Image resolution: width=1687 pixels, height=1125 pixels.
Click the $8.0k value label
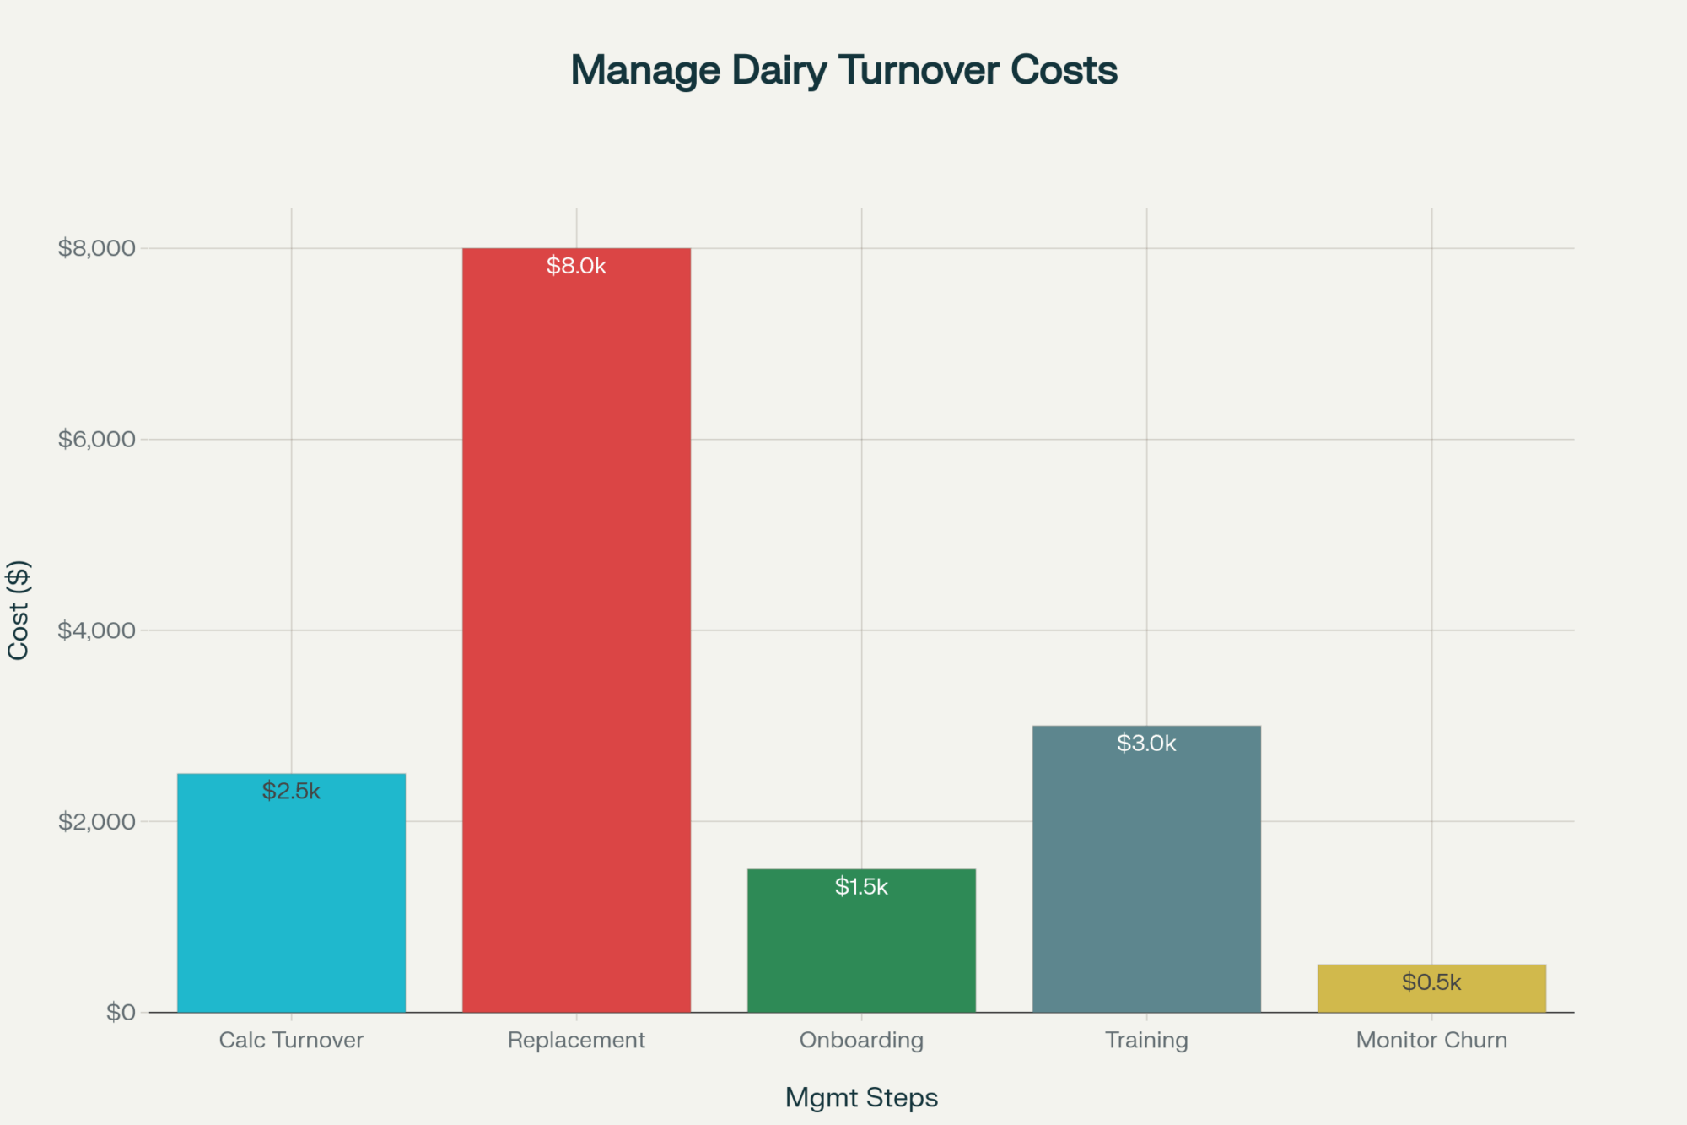576,266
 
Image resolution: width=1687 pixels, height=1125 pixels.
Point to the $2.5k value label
291,791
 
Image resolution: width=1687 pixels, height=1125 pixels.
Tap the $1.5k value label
861,886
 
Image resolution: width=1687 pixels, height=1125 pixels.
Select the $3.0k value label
1146,743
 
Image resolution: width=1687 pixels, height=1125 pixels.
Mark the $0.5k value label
1431,982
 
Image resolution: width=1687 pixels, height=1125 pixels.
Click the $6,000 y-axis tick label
96,439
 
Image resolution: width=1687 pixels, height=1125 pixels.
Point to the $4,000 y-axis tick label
96,630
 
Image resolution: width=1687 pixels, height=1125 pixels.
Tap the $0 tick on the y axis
121,1012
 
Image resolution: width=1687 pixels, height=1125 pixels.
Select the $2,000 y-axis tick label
96,821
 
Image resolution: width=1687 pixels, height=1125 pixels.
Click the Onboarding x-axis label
861,1040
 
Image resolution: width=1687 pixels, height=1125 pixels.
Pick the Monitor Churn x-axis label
1431,1040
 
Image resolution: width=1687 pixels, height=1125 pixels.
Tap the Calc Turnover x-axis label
291,1040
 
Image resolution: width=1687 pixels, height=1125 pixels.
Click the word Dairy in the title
779,71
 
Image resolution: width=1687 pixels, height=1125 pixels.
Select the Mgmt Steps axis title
861,1097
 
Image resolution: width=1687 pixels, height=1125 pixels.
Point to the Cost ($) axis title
19,609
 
